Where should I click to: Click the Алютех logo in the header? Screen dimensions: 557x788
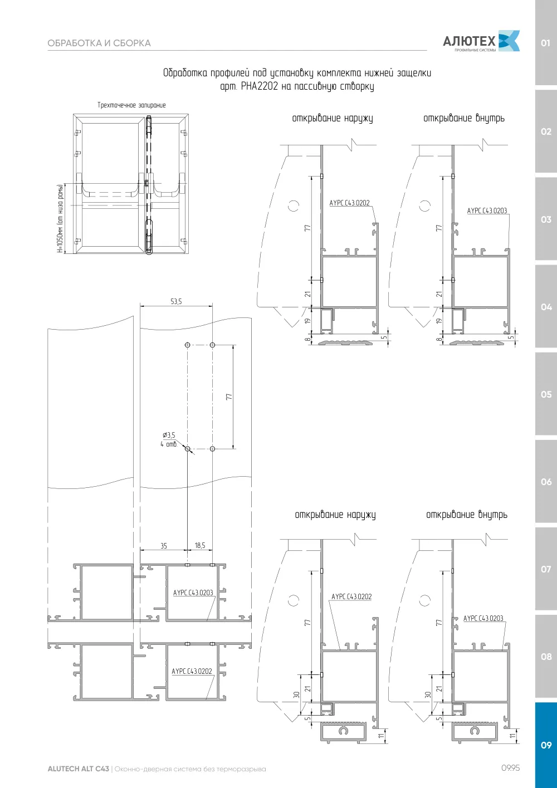pos(481,41)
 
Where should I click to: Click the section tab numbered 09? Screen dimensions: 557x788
pos(546,745)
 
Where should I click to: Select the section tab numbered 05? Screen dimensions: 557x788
pos(546,394)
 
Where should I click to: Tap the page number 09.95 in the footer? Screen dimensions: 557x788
pos(511,768)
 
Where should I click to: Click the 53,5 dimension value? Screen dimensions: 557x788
pos(176,301)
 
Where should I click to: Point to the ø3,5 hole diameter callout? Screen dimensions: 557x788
pos(169,435)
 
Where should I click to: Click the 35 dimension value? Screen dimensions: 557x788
pos(164,546)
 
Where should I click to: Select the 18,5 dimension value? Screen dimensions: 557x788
pos(200,545)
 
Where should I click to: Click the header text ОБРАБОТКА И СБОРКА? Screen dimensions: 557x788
pos(99,43)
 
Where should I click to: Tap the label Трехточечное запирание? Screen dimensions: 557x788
pos(131,105)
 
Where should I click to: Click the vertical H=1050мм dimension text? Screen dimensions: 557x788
pos(61,218)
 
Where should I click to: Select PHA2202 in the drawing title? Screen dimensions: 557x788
pos(260,86)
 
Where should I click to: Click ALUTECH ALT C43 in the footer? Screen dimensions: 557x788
pos(79,769)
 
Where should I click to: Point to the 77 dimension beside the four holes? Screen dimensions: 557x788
pos(229,397)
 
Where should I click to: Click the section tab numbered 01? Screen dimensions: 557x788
pos(546,42)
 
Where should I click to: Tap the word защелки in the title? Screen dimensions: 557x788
pos(414,73)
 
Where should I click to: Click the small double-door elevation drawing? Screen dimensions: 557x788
pos(131,184)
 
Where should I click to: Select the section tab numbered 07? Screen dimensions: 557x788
pos(546,569)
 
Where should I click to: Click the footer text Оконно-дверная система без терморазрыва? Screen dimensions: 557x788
pos(190,769)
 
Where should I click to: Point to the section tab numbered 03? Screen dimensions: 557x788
pos(546,219)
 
